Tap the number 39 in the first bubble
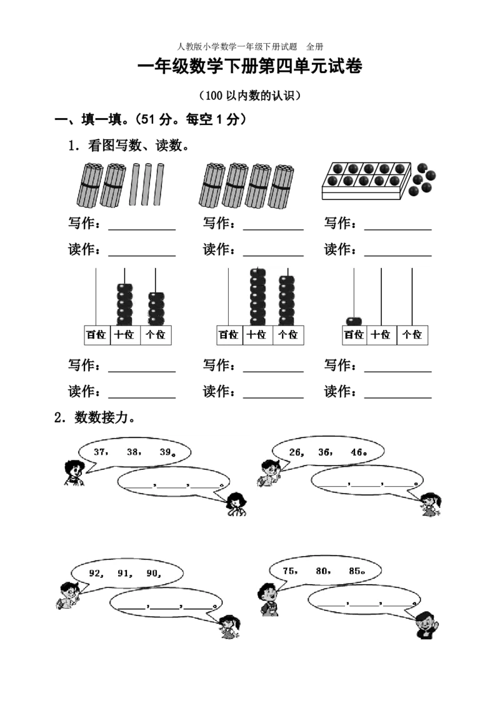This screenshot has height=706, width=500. pyautogui.click(x=166, y=452)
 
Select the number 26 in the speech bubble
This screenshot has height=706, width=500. pyautogui.click(x=296, y=452)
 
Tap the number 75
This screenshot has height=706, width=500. pyautogui.click(x=289, y=570)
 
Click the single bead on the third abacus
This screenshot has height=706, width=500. pyautogui.click(x=354, y=321)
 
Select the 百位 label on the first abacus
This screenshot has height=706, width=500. pyautogui.click(x=96, y=335)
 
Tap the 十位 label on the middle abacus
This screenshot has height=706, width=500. pyautogui.click(x=256, y=335)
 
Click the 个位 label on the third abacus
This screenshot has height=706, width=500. pyautogui.click(x=412, y=335)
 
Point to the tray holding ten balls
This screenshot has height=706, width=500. pyautogui.click(x=366, y=175)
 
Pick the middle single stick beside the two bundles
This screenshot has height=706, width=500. pyautogui.click(x=148, y=185)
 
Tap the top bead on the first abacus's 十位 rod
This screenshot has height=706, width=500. pyautogui.click(x=126, y=287)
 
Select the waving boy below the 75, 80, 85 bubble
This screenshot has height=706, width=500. pyautogui.click(x=427, y=624)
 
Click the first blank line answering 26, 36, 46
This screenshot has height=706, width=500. pyautogui.click(x=331, y=483)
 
